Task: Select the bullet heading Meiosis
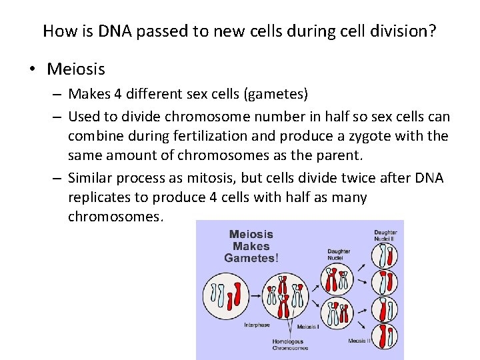(76, 69)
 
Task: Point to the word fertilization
(215, 137)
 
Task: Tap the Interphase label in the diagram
(257, 325)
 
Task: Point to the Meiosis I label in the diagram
(307, 327)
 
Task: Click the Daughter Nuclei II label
(385, 235)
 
